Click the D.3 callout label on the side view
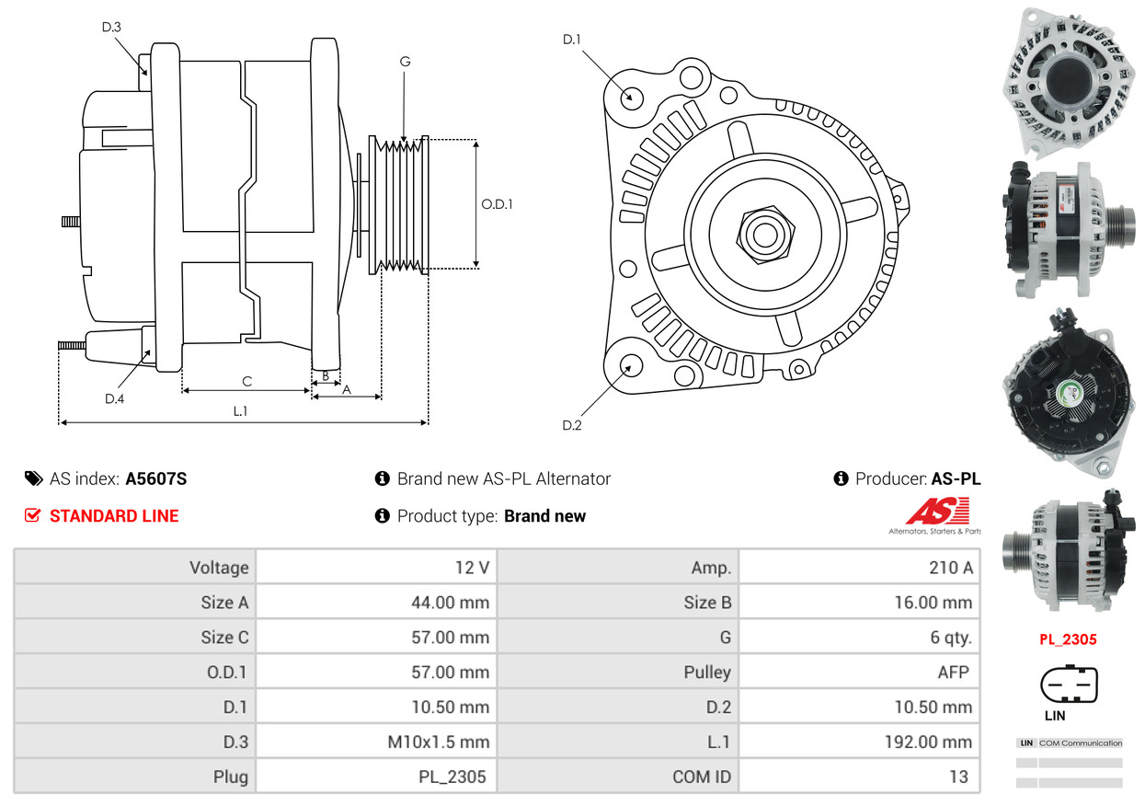coord(111,27)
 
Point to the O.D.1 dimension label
coord(497,204)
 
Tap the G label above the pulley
coord(405,62)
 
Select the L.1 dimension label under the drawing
coord(240,410)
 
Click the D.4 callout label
coord(114,399)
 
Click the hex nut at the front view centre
coord(765,235)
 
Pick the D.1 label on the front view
coord(571,40)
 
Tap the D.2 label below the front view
coord(571,425)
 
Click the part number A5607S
coord(156,478)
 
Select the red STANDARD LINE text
coord(114,515)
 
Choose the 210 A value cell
coord(859,567)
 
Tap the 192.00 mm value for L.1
coord(928,742)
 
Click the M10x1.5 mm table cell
coord(376,742)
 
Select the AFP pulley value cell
coord(859,672)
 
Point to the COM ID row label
coord(702,777)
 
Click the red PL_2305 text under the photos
coord(1068,639)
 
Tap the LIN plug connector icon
coord(1069,684)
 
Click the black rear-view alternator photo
coord(1069,394)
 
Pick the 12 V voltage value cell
coord(376,567)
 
